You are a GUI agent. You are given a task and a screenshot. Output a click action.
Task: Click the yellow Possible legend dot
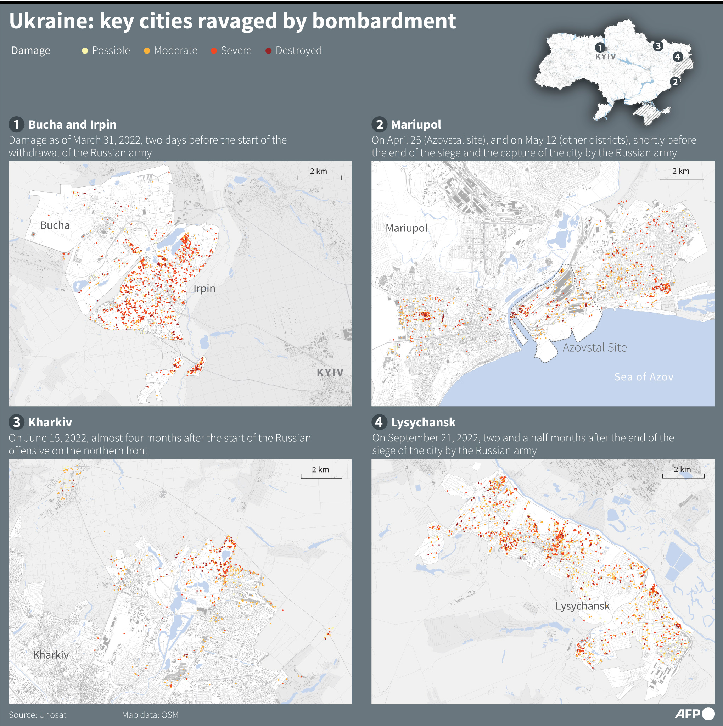[85, 51]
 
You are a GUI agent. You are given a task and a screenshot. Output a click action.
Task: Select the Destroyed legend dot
[268, 51]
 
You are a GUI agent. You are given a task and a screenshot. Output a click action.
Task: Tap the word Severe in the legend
[236, 50]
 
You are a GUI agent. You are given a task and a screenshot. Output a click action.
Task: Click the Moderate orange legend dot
[147, 51]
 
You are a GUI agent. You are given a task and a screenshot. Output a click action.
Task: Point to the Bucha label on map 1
[55, 225]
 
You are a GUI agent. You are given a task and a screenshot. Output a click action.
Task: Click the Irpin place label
[204, 288]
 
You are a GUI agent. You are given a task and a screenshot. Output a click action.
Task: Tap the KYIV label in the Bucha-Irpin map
[330, 373]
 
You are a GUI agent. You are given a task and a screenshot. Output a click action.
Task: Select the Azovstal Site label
[594, 347]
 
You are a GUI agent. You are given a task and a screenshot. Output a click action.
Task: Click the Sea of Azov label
[643, 376]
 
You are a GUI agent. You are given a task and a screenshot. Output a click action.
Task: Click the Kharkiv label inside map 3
[51, 655]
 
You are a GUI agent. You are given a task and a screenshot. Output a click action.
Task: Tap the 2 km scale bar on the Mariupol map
[681, 175]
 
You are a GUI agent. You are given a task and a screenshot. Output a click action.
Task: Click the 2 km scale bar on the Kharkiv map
[321, 473]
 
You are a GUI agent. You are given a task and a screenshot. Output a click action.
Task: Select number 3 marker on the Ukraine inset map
[658, 46]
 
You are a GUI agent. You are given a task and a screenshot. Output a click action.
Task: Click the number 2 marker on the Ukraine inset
[675, 82]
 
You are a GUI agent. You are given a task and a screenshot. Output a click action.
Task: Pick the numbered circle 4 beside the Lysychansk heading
[379, 422]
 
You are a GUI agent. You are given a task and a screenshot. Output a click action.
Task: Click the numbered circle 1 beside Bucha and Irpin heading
[17, 124]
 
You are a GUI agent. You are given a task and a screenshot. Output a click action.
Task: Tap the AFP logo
[694, 713]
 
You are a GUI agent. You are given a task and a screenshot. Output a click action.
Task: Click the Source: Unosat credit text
[38, 715]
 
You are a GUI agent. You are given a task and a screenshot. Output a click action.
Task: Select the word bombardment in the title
[384, 21]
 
